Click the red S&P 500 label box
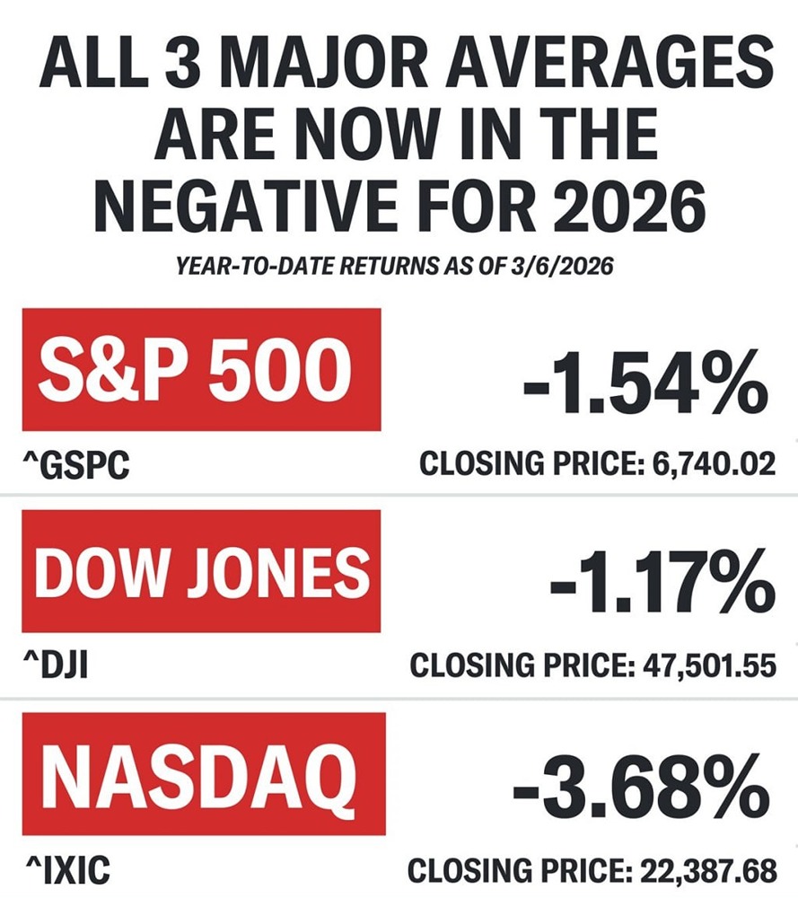[x=202, y=369]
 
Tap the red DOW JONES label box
[x=202, y=571]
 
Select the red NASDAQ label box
[x=204, y=773]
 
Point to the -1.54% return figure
[x=645, y=382]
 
